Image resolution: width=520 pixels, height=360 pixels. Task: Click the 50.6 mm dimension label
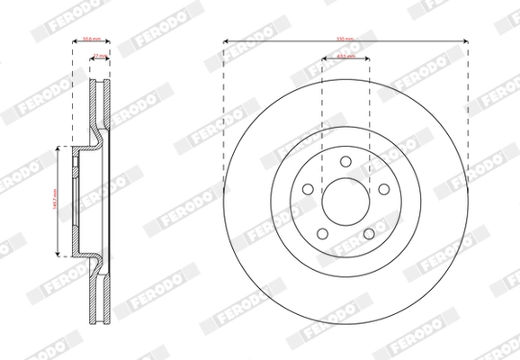pyautogui.click(x=90, y=40)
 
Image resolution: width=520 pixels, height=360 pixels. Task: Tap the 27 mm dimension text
pyautogui.click(x=100, y=56)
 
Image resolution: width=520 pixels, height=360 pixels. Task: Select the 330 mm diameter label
pyautogui.click(x=345, y=40)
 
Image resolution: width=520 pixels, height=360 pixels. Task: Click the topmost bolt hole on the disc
pyautogui.click(x=345, y=160)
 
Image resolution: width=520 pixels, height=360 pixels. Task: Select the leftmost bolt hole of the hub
pyautogui.click(x=307, y=189)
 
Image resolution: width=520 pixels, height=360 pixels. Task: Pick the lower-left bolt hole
pyautogui.click(x=322, y=234)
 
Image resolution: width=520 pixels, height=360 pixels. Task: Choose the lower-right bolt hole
pyautogui.click(x=369, y=234)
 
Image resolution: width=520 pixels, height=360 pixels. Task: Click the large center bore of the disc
pyautogui.click(x=345, y=201)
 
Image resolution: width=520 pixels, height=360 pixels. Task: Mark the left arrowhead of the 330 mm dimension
pyautogui.click(x=226, y=41)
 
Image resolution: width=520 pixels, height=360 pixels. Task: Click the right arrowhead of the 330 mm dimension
pyautogui.click(x=465, y=41)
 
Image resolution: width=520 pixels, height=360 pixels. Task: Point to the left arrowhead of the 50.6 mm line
pyautogui.click(x=73, y=41)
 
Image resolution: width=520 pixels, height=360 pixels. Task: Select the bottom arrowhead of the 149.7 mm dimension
pyautogui.click(x=59, y=256)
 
